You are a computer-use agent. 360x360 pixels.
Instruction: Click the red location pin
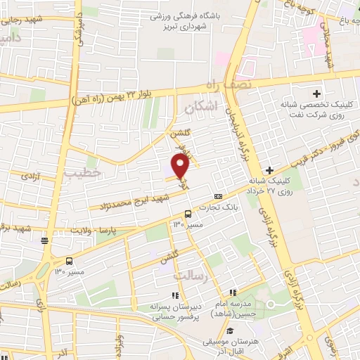[x=181, y=167]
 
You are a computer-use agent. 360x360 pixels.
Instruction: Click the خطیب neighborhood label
[x=82, y=172]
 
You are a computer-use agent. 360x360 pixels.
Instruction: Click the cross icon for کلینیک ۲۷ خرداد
[x=271, y=171]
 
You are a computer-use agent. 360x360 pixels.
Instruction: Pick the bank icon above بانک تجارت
[x=218, y=197]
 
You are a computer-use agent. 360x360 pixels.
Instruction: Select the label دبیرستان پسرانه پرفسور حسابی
[x=176, y=311]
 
